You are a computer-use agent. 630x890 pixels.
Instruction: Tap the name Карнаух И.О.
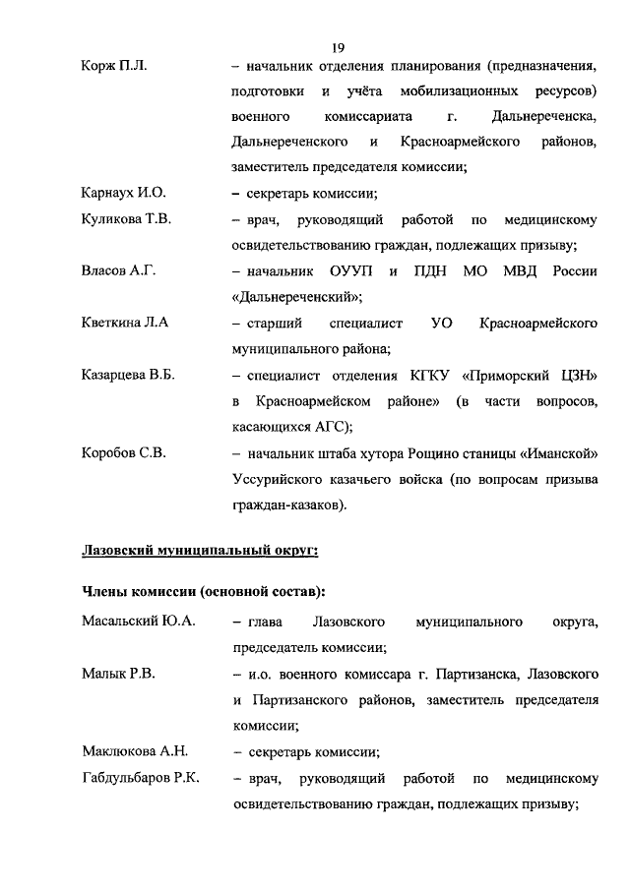point(124,193)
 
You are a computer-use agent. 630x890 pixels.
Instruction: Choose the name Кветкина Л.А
point(125,322)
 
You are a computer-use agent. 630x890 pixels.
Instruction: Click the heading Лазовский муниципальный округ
point(199,551)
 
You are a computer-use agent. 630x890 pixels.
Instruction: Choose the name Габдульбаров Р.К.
point(141,778)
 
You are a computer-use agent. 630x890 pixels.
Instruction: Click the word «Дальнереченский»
point(294,296)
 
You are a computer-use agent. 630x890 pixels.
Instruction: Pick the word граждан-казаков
point(286,505)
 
